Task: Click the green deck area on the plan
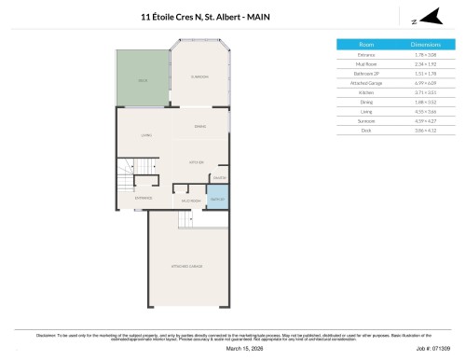coord(143,79)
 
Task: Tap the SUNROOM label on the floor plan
coord(199,76)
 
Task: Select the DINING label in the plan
coord(199,126)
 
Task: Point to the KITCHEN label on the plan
coord(197,162)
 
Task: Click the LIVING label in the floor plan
coord(146,136)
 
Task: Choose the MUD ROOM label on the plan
coord(190,200)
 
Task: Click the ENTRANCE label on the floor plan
coord(144,198)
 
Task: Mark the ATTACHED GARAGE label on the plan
coord(187,267)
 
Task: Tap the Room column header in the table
coord(366,44)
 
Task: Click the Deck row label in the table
coord(366,132)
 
